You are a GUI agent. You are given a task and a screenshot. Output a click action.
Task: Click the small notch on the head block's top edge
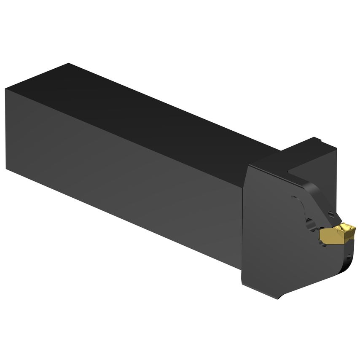(x=319, y=140)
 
